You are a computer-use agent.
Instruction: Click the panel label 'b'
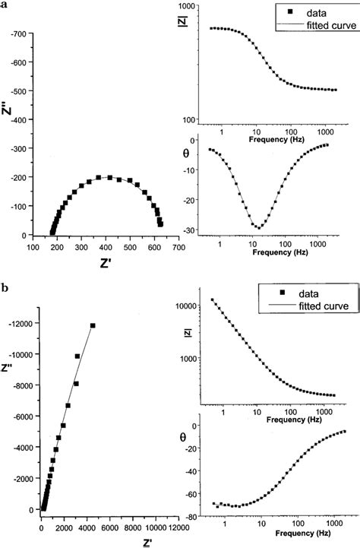click(6, 289)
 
